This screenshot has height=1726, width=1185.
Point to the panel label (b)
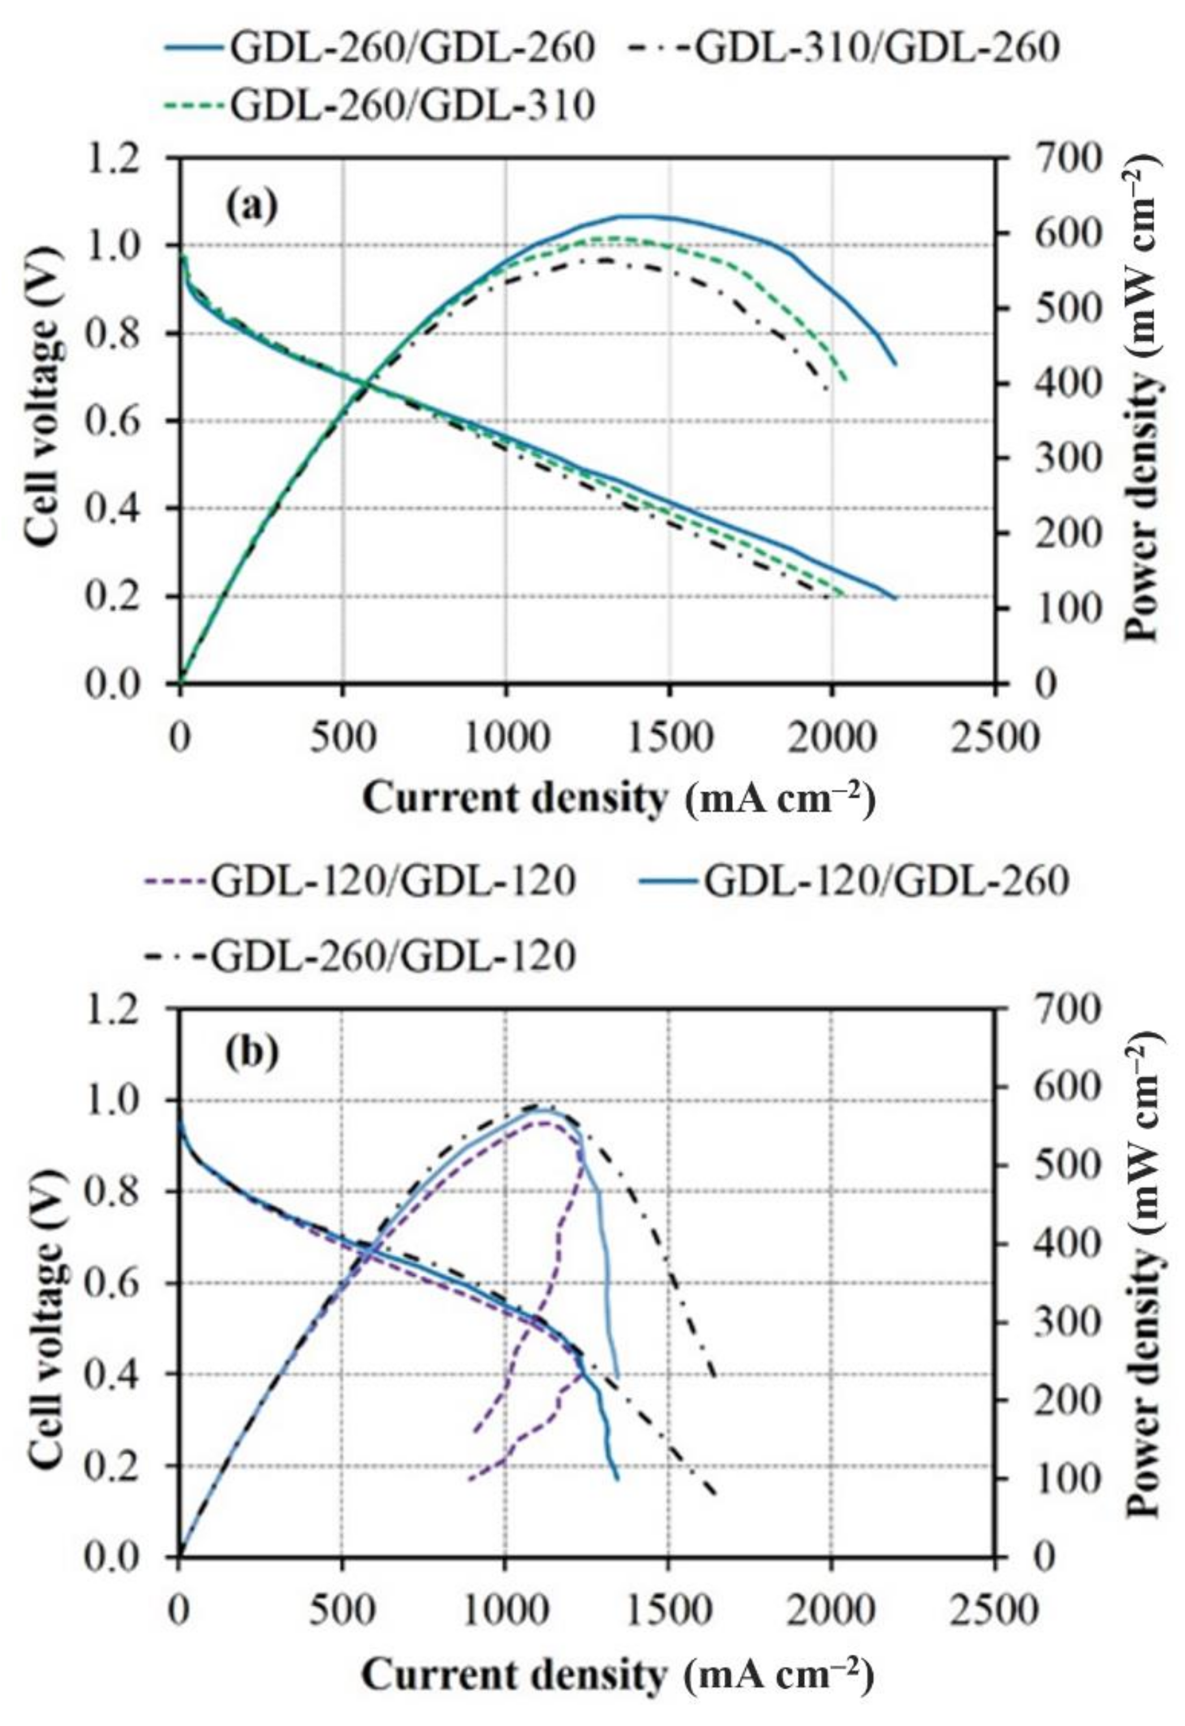click(x=253, y=1053)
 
